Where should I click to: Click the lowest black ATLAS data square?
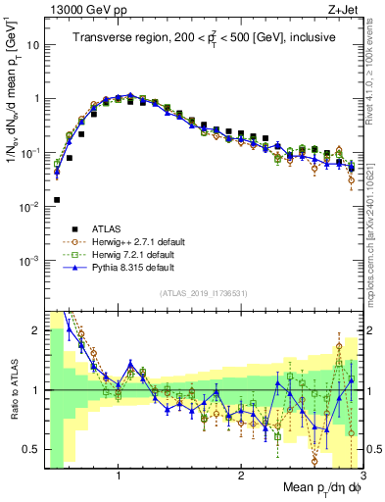point(57,200)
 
